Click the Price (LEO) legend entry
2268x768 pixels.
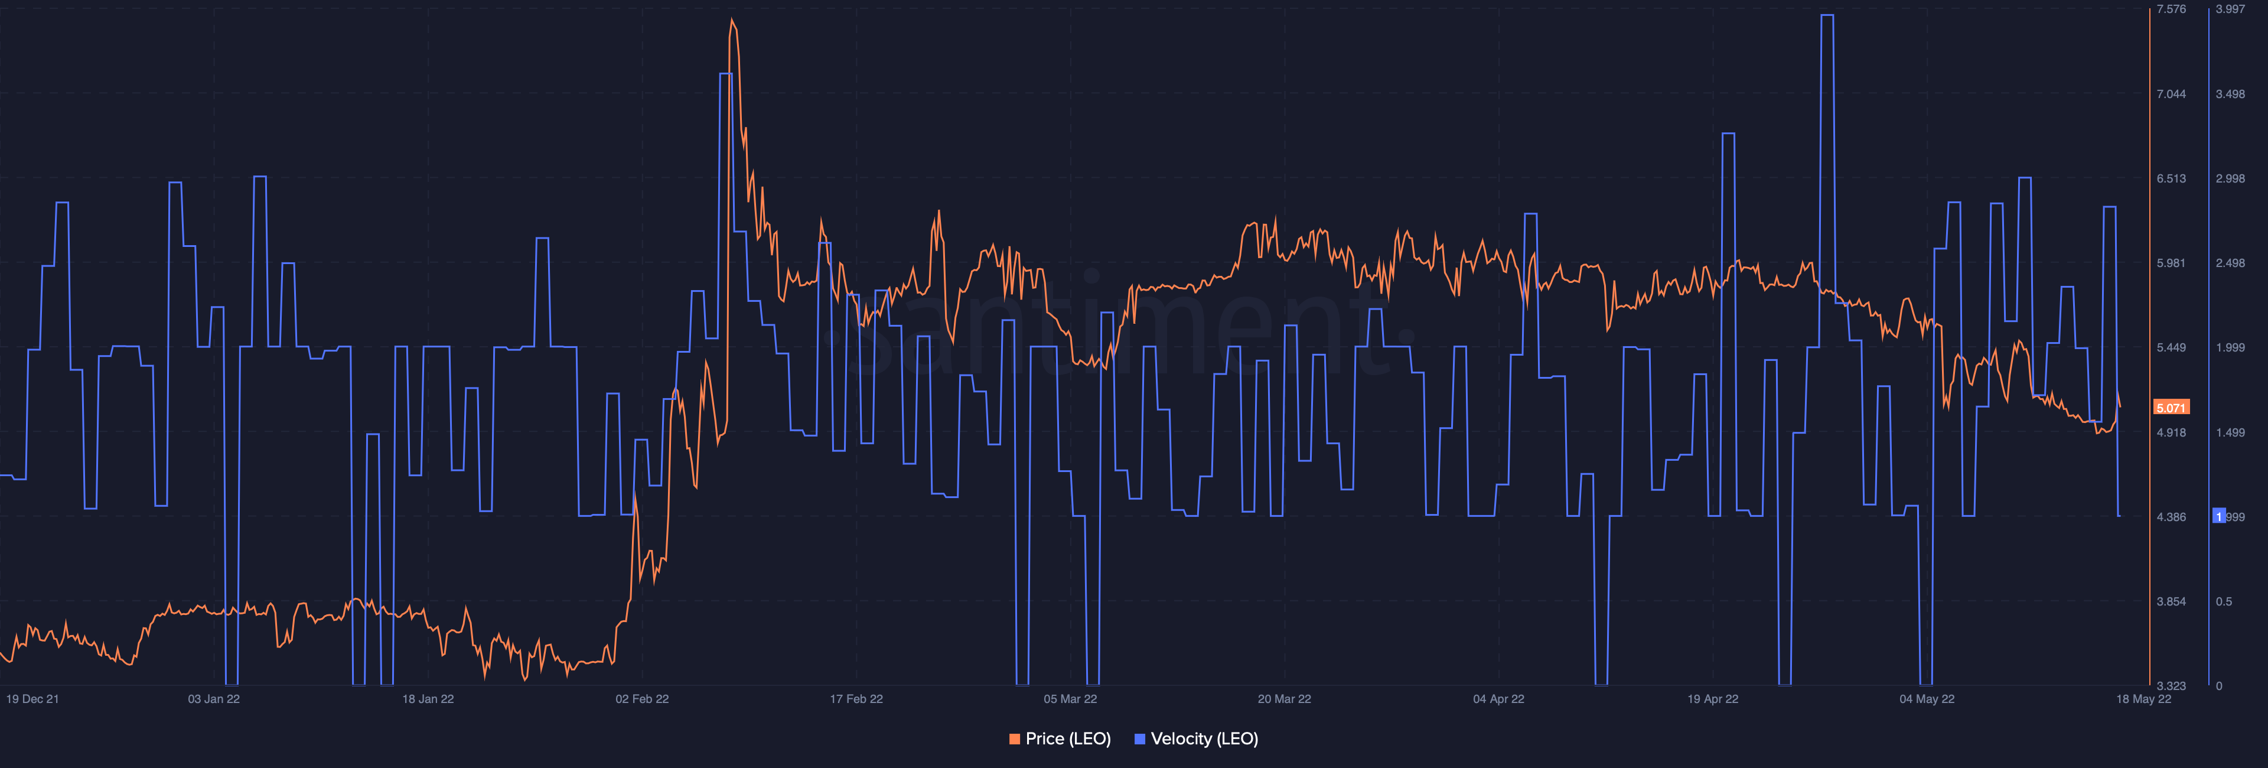(x=1060, y=739)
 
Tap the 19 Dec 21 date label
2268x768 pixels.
(x=32, y=699)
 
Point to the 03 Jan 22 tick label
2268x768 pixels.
(x=214, y=699)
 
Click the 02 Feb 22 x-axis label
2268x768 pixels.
(x=642, y=699)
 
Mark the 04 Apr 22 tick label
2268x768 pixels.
(x=1498, y=699)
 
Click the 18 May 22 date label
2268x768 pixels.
(x=2143, y=699)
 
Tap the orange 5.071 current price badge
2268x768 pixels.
(x=2171, y=408)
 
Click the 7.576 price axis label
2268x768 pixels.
(x=2171, y=9)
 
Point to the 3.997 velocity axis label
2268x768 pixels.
(x=2230, y=9)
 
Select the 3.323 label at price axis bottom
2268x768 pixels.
(x=2171, y=686)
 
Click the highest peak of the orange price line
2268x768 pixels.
(x=732, y=19)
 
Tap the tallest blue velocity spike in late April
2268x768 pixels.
(x=1827, y=16)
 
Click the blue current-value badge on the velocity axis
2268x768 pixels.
(x=2219, y=516)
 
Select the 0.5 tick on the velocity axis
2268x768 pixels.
(x=2224, y=601)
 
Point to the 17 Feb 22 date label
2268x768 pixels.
(x=856, y=699)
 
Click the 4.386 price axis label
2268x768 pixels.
(x=2171, y=517)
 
